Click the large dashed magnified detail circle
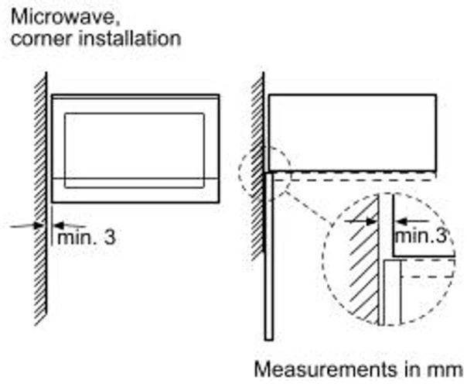tap(387, 263)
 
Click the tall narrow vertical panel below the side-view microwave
tap(268, 255)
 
